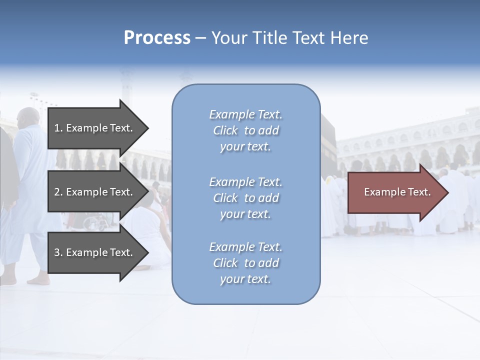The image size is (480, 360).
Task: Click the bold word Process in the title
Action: tap(157, 38)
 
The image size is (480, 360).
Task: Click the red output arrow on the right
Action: tap(397, 192)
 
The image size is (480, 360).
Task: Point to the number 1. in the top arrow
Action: tap(58, 128)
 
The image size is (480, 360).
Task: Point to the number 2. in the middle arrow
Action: tap(58, 192)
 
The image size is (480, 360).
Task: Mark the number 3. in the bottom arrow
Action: tap(58, 252)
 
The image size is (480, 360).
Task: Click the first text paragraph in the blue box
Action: tap(245, 130)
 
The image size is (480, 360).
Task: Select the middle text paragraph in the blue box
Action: tap(245, 198)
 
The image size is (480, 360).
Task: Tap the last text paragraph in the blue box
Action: tap(245, 263)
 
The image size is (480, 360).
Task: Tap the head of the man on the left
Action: tap(28, 117)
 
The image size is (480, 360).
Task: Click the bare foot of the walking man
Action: tap(39, 280)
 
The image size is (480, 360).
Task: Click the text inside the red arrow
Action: tap(397, 192)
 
